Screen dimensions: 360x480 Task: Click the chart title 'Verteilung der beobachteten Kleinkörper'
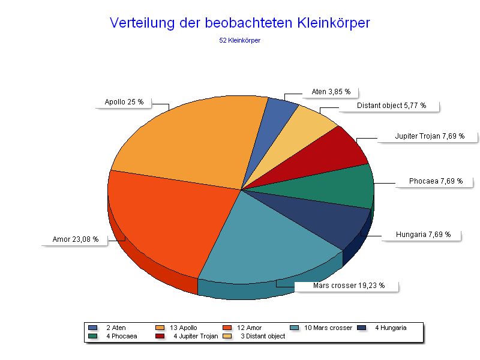click(x=240, y=23)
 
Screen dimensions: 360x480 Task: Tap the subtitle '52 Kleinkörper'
click(x=240, y=41)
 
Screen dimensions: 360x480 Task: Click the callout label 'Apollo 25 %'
click(x=124, y=102)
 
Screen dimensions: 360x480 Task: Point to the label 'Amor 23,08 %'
click(x=76, y=239)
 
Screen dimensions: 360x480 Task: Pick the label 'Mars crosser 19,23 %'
click(x=349, y=286)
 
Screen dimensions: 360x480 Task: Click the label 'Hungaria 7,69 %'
click(x=423, y=235)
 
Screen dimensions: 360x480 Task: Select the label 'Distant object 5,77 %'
click(x=391, y=106)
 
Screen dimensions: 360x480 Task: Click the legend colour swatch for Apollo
click(x=160, y=328)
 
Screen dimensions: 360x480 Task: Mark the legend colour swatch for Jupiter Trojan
click(x=160, y=336)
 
